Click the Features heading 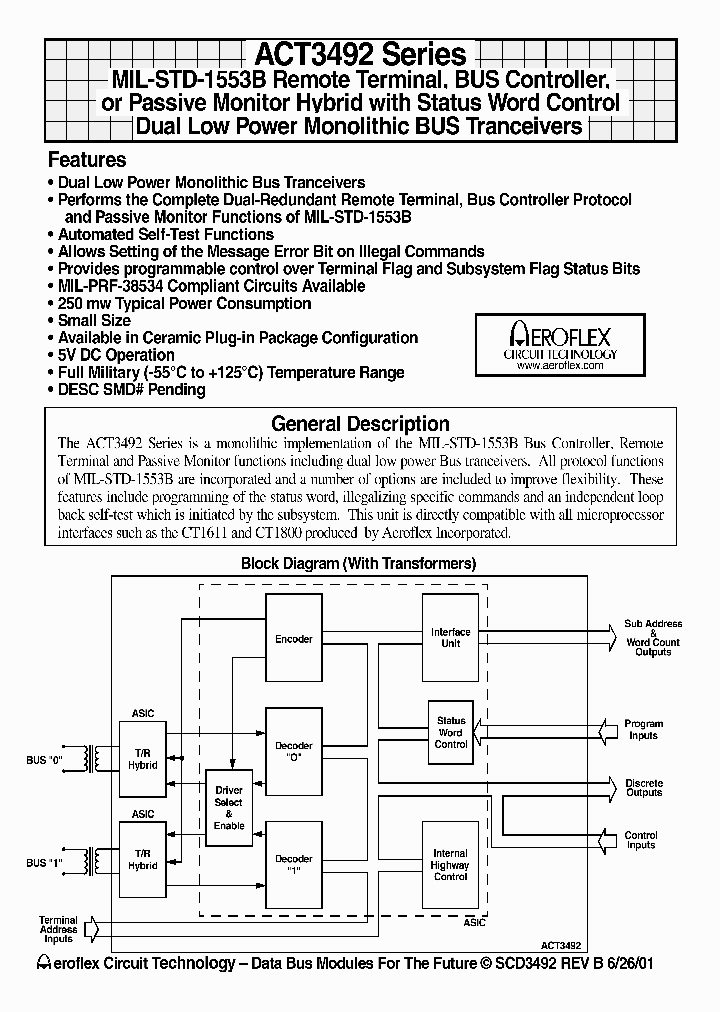pyautogui.click(x=87, y=160)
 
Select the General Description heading pyautogui.click(x=360, y=423)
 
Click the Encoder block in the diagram pyautogui.click(x=294, y=639)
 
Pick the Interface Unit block pyautogui.click(x=450, y=638)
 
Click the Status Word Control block pyautogui.click(x=451, y=732)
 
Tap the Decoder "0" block pyautogui.click(x=294, y=752)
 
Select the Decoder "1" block pyautogui.click(x=294, y=865)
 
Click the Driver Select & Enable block pyautogui.click(x=229, y=808)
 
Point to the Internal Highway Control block pyautogui.click(x=450, y=866)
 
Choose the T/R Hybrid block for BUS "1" pyautogui.click(x=142, y=859)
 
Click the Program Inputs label pyautogui.click(x=643, y=729)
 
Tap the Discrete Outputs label pyautogui.click(x=643, y=788)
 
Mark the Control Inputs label pyautogui.click(x=641, y=840)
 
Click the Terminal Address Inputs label pyautogui.click(x=58, y=929)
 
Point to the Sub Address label pyautogui.click(x=653, y=623)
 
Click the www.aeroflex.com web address pyautogui.click(x=560, y=366)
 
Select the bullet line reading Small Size pyautogui.click(x=94, y=320)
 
